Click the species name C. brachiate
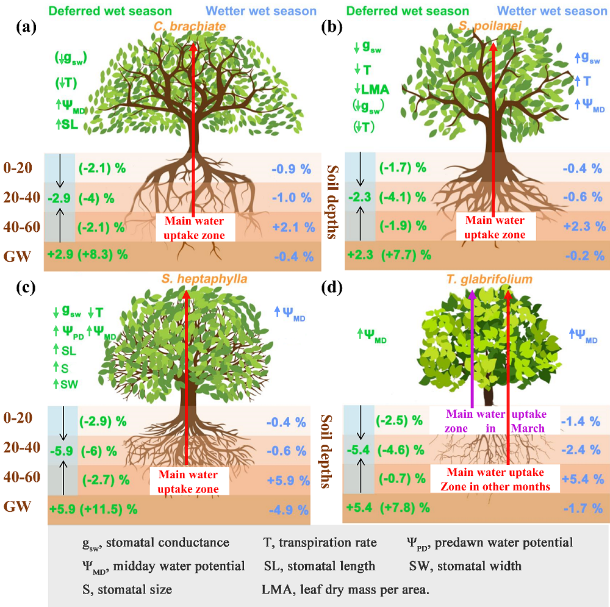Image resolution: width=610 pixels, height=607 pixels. pos(194,26)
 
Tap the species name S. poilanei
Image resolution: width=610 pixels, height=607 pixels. pos(492,26)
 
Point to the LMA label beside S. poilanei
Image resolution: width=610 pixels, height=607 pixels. pos(375,89)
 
